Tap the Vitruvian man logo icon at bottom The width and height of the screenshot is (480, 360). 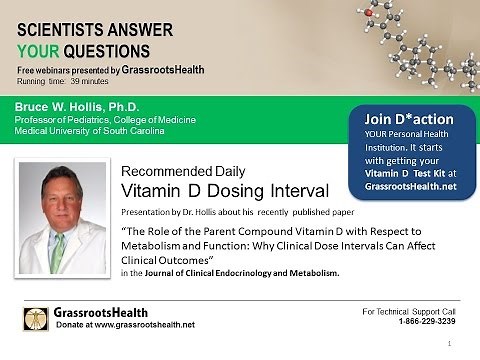[37, 319]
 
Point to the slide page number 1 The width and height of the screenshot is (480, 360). [466, 343]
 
